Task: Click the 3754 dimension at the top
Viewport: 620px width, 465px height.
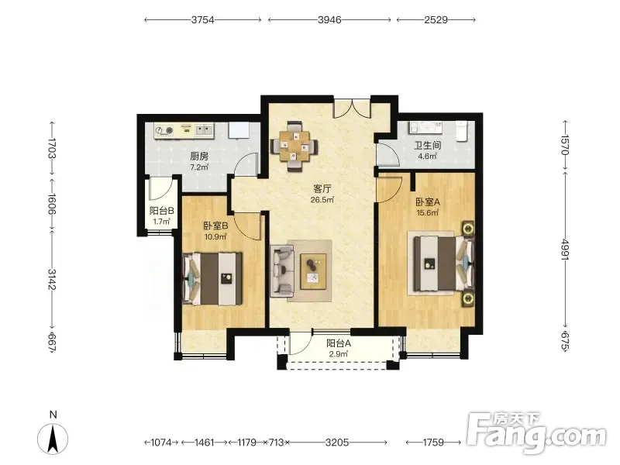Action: (x=202, y=20)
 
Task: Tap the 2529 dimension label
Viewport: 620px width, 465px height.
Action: (x=436, y=20)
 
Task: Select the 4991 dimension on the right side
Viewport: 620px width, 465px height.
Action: (x=565, y=250)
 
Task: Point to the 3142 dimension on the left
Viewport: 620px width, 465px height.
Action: (x=52, y=279)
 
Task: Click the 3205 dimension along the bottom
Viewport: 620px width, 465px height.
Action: (x=337, y=442)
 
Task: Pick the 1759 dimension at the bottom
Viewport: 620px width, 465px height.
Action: (x=433, y=442)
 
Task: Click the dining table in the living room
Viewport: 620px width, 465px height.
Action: (x=294, y=146)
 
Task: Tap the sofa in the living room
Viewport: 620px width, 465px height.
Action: (x=282, y=270)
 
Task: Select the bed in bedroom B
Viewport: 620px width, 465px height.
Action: (x=212, y=279)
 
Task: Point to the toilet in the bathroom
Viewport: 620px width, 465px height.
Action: (x=462, y=130)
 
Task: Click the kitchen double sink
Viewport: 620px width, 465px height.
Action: (x=204, y=129)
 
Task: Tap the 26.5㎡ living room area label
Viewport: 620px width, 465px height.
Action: (x=322, y=200)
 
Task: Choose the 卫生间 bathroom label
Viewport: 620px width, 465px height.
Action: (x=427, y=145)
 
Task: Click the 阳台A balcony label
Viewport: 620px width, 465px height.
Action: (x=339, y=343)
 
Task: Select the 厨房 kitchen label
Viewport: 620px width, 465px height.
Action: (x=199, y=157)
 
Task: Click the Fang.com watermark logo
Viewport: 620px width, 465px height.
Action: (x=536, y=433)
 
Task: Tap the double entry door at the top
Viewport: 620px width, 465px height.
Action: (x=352, y=108)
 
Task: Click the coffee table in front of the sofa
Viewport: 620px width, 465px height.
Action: (x=313, y=272)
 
